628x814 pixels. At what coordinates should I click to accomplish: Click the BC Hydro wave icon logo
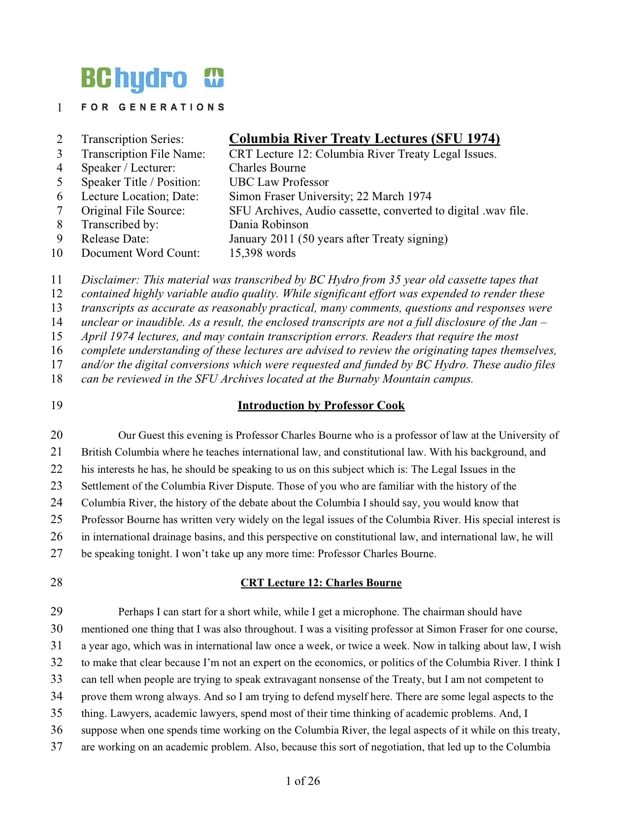tap(214, 77)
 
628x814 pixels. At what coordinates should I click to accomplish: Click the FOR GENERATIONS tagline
tap(153, 107)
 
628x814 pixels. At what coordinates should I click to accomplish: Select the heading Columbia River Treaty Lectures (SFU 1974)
tap(364, 139)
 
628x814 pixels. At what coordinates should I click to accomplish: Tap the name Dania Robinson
tap(268, 225)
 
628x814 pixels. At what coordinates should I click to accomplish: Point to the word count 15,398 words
tap(262, 253)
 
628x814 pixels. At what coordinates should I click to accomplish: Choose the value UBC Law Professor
tap(278, 182)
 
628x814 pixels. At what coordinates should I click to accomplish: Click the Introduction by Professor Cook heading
tap(321, 406)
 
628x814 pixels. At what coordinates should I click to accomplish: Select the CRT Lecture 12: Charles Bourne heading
tap(321, 583)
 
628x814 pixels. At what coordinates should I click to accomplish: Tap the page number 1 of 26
tap(302, 781)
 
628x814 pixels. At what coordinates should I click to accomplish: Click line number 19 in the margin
tap(57, 406)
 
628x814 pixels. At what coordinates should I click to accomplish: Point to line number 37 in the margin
tap(57, 747)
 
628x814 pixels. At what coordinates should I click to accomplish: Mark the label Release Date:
tap(115, 239)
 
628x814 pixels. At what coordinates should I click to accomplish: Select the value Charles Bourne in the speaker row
tap(267, 168)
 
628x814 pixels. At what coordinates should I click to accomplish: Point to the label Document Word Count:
tap(140, 253)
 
